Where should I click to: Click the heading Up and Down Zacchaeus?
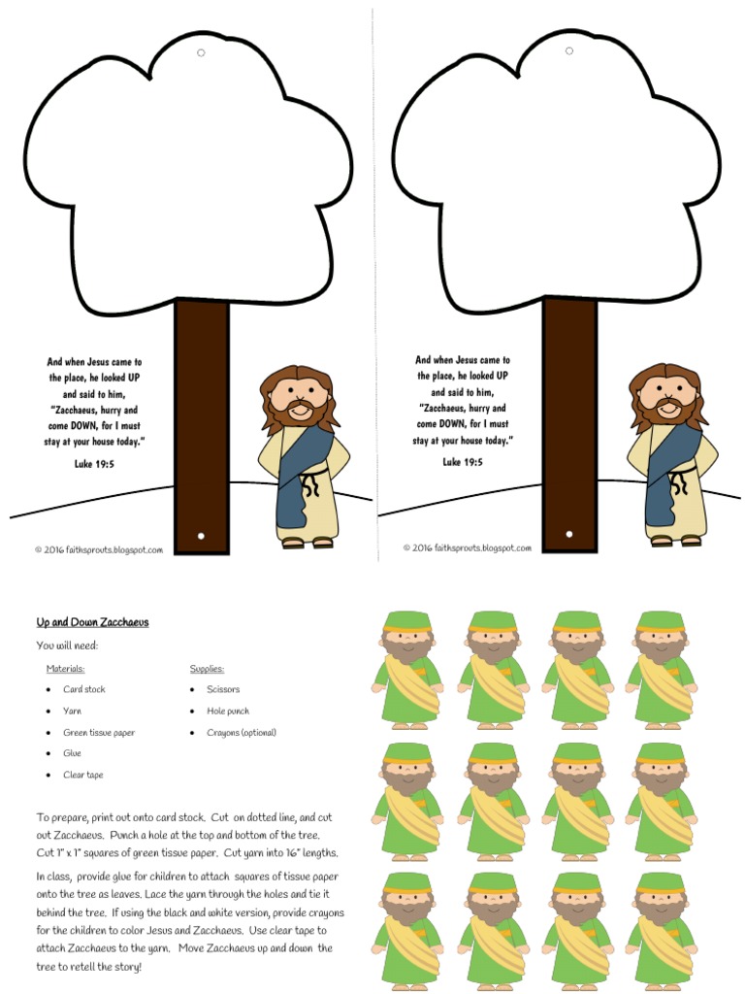pos(92,622)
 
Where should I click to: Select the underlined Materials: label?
pos(65,669)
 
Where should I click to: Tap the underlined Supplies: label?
pos(208,669)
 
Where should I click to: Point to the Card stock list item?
pos(84,689)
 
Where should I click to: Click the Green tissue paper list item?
pos(99,733)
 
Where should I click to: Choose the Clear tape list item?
pos(83,775)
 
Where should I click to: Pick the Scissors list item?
pos(223,689)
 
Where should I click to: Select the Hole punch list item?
pos(227,712)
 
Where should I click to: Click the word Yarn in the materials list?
pos(73,712)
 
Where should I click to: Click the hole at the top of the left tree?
pos(201,52)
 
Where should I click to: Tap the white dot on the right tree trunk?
pos(568,534)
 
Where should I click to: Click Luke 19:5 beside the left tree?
pos(94,464)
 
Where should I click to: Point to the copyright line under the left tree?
pos(99,549)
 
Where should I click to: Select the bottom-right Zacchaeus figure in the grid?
pos(661,927)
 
